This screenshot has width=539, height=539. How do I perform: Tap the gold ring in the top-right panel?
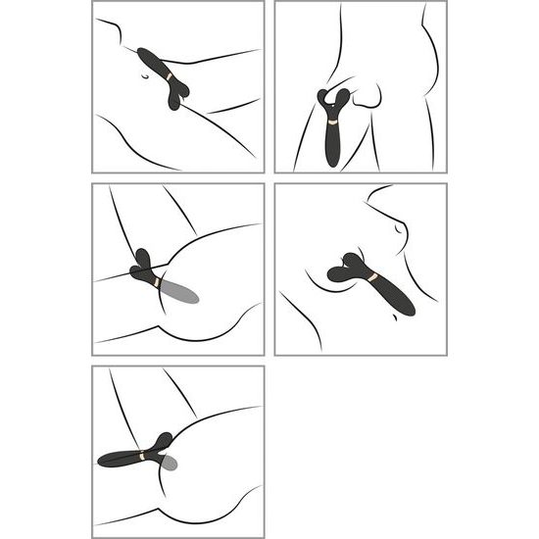pos(334,122)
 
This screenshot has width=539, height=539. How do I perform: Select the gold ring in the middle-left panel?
pos(157,282)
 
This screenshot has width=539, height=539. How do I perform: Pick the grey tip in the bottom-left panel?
pos(168,461)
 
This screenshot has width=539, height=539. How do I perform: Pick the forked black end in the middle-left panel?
pos(142,265)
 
